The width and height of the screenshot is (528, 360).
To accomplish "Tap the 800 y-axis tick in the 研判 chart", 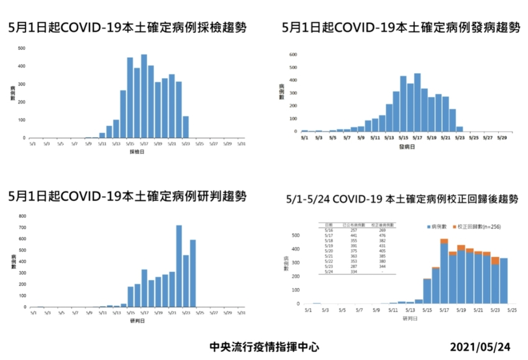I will (x=22, y=216).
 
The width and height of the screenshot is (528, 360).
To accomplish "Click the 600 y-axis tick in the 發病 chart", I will (x=293, y=55).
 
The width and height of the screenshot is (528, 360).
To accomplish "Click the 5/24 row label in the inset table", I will (x=329, y=271).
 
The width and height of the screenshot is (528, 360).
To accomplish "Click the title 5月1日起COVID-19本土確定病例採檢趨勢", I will (x=127, y=27).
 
